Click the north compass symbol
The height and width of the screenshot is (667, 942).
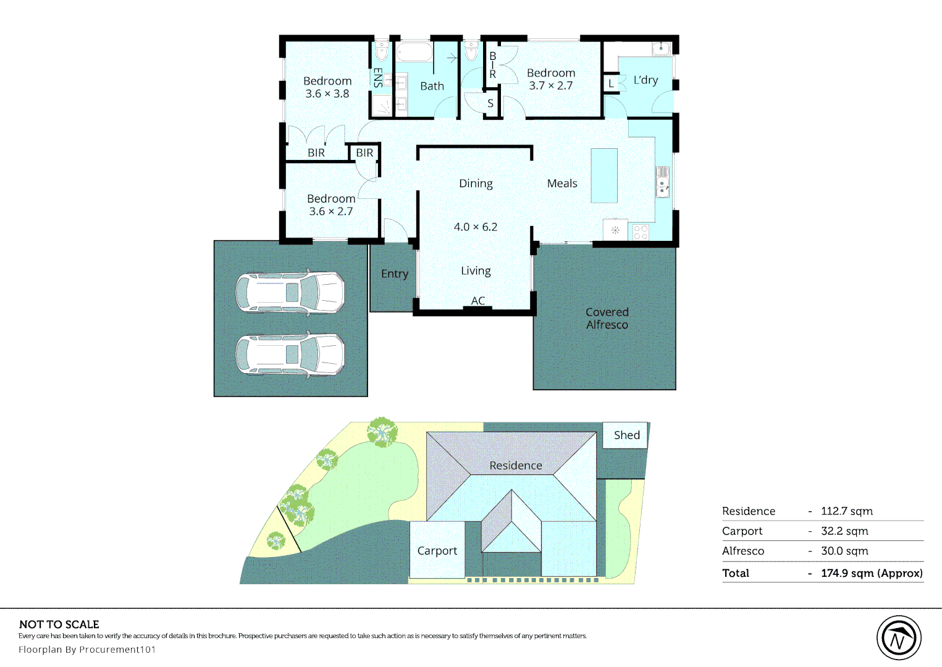899,638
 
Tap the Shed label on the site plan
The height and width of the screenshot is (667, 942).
626,435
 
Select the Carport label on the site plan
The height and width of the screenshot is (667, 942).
437,551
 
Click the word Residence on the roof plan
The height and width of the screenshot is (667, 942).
516,466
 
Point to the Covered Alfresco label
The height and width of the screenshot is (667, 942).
607,318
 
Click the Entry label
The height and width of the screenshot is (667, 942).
395,274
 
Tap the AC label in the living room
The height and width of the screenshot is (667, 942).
477,301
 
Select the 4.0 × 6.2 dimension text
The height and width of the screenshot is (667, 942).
475,227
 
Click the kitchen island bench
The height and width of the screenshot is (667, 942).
604,176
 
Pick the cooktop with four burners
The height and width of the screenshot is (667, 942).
641,232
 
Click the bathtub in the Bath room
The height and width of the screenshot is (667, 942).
414,52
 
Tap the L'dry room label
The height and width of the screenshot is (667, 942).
646,80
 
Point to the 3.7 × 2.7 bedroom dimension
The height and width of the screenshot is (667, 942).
550,86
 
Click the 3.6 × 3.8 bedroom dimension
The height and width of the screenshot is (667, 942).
327,94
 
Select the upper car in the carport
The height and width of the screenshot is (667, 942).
290,292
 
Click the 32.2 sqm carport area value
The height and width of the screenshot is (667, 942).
844,531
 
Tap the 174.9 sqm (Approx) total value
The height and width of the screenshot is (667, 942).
872,573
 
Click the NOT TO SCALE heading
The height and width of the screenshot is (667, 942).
59,624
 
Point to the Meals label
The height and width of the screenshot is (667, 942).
562,183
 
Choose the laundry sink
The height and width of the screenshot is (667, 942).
661,48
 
